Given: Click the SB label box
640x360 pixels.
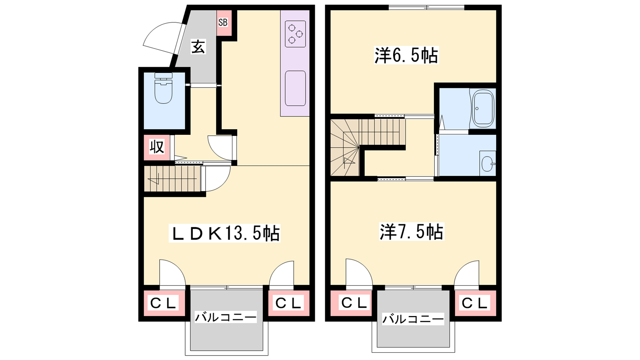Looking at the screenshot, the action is click(224, 23).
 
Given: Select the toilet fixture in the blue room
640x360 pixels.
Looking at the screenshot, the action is click(164, 88).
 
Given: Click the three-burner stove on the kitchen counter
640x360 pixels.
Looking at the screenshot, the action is click(295, 34).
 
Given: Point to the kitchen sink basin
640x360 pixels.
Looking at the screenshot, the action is click(295, 88).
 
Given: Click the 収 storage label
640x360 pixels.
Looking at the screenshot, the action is click(157, 148).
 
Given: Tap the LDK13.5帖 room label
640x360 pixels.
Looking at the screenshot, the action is click(224, 233).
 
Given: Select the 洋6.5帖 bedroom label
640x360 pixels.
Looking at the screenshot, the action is click(406, 55).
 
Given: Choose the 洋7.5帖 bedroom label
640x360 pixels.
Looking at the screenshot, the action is click(412, 232).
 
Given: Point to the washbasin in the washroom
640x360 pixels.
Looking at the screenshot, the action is click(488, 164).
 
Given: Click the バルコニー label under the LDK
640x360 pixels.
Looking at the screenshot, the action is click(226, 318).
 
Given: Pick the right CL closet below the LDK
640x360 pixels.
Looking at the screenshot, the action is click(289, 303).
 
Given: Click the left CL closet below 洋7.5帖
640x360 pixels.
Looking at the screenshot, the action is click(351, 303).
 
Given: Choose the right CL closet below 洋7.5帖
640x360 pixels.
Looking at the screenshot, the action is click(476, 303).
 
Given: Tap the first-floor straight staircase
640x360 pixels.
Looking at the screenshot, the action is click(172, 178).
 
